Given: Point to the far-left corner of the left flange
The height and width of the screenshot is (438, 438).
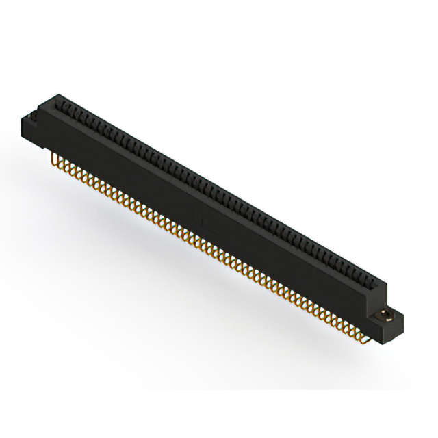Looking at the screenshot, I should [23, 122].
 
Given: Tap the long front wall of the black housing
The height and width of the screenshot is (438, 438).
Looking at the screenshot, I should [205, 205].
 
